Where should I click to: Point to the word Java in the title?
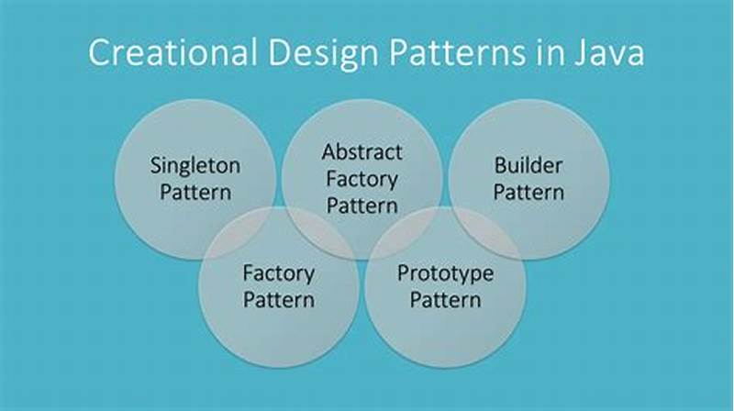[x=606, y=53]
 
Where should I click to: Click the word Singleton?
[x=195, y=166]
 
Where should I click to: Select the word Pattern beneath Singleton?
[x=195, y=192]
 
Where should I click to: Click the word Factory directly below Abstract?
[x=361, y=178]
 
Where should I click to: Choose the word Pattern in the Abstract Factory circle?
[x=361, y=205]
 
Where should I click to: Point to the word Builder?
[x=528, y=166]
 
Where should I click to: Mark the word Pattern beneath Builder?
[x=528, y=192]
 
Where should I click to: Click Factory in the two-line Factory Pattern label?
[x=278, y=273]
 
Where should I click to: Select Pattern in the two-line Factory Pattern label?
[x=278, y=299]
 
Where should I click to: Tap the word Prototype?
[x=445, y=273]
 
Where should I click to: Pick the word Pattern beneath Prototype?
[x=445, y=299]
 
